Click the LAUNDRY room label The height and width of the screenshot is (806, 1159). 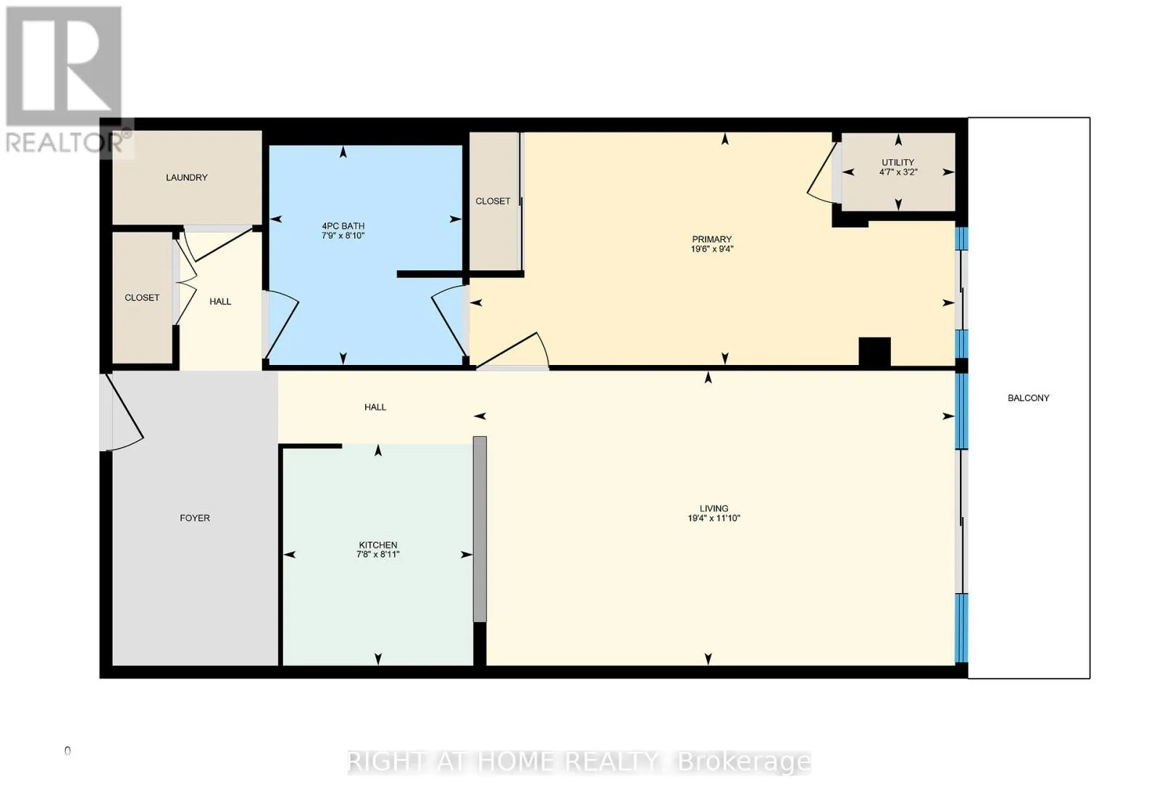186,177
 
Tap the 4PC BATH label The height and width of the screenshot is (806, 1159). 343,226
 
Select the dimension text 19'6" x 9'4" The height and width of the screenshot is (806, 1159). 712,249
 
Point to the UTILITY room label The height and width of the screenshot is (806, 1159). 898,162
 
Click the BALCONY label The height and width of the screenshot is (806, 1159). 1028,398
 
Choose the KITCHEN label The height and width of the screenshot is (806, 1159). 378,545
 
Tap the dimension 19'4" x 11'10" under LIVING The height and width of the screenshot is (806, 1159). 714,518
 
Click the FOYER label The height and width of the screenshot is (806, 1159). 195,518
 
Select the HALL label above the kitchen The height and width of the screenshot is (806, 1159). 375,407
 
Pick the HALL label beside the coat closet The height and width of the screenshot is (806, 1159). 220,301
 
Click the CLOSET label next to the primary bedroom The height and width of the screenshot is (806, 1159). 493,201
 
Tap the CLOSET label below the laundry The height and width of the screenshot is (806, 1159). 142,298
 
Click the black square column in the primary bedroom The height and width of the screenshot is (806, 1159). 874,352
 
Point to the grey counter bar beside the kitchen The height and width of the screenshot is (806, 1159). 480,529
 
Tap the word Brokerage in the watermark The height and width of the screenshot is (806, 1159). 744,762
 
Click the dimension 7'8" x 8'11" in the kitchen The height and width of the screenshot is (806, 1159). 378,555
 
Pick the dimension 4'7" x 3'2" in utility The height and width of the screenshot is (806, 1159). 898,172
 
